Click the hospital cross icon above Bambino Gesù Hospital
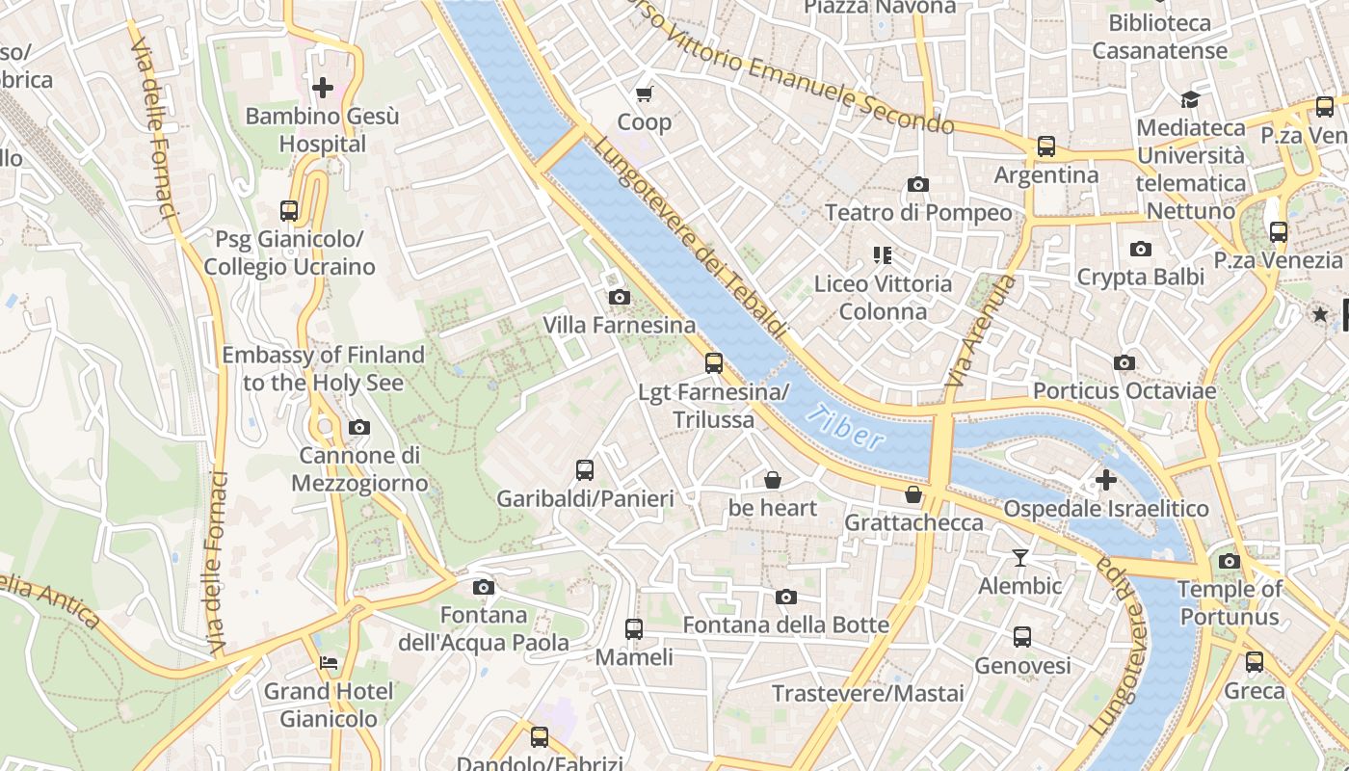[x=323, y=89]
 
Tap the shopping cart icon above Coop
[x=644, y=93]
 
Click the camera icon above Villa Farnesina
[x=619, y=297]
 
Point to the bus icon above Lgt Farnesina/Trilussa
[x=713, y=363]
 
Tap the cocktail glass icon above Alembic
[x=1019, y=557]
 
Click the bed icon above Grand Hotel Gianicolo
[x=329, y=663]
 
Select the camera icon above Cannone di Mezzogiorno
[x=358, y=427]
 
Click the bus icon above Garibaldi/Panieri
[x=584, y=470]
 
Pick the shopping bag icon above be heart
[x=772, y=480]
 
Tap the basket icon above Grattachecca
[x=913, y=494]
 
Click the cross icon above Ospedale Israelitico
[x=1105, y=479]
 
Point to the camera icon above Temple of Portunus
[x=1229, y=561]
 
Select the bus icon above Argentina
[x=1045, y=146]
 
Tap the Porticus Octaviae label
[x=1124, y=391]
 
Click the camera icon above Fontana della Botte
[x=785, y=598]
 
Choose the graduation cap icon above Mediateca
[x=1190, y=99]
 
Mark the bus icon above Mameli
[x=633, y=629]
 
